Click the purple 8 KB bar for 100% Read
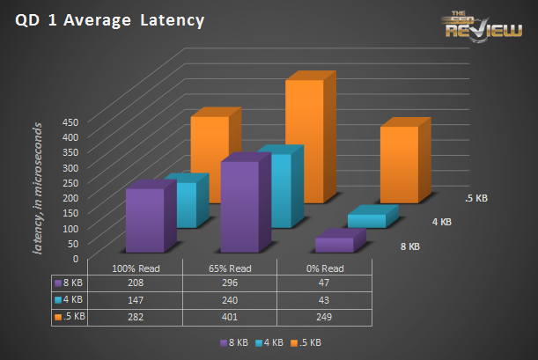[x=144, y=220]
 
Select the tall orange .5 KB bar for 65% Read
[x=303, y=141]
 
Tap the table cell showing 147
[x=135, y=300]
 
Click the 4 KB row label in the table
[x=70, y=300]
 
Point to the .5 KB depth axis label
[x=475, y=199]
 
